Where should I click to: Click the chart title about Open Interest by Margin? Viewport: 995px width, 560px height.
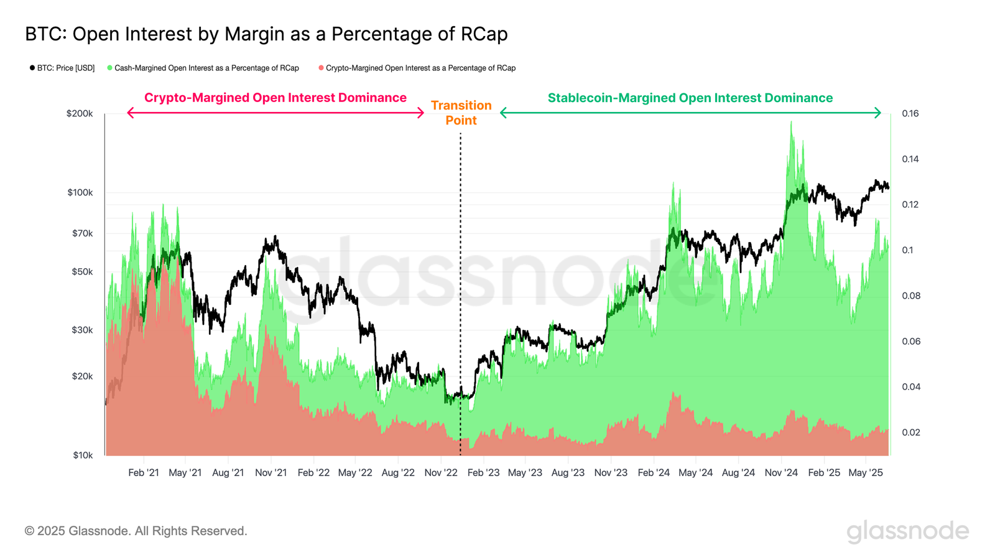(x=266, y=34)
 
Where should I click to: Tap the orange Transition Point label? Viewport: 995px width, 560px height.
(x=461, y=113)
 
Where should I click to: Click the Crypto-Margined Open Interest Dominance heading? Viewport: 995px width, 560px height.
(x=275, y=98)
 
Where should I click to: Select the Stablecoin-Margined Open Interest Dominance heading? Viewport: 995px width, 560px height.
(x=690, y=98)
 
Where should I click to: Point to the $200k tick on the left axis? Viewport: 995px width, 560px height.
(x=80, y=114)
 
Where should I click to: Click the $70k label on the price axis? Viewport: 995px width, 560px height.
(x=82, y=233)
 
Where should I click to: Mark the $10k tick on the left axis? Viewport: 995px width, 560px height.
(x=82, y=455)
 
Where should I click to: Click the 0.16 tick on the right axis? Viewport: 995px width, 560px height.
(x=910, y=114)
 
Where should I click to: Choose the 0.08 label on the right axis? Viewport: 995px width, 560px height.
(x=911, y=296)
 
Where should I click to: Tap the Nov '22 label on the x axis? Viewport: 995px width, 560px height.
(x=441, y=473)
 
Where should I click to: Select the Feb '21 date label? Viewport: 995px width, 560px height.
(x=144, y=473)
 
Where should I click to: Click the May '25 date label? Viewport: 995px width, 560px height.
(x=866, y=473)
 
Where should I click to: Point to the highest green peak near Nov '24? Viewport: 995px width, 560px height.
(x=791, y=122)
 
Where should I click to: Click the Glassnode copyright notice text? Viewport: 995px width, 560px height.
(x=136, y=531)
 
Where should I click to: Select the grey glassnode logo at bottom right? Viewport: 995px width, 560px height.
(x=907, y=531)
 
